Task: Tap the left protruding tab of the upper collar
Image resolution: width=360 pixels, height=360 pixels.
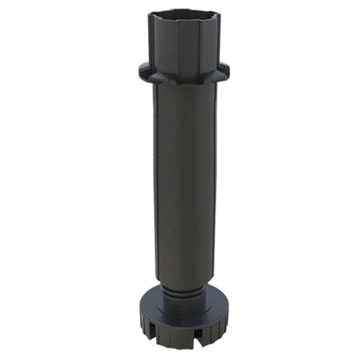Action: click(145, 69)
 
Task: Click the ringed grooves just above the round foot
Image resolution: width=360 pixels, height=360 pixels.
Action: click(183, 292)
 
